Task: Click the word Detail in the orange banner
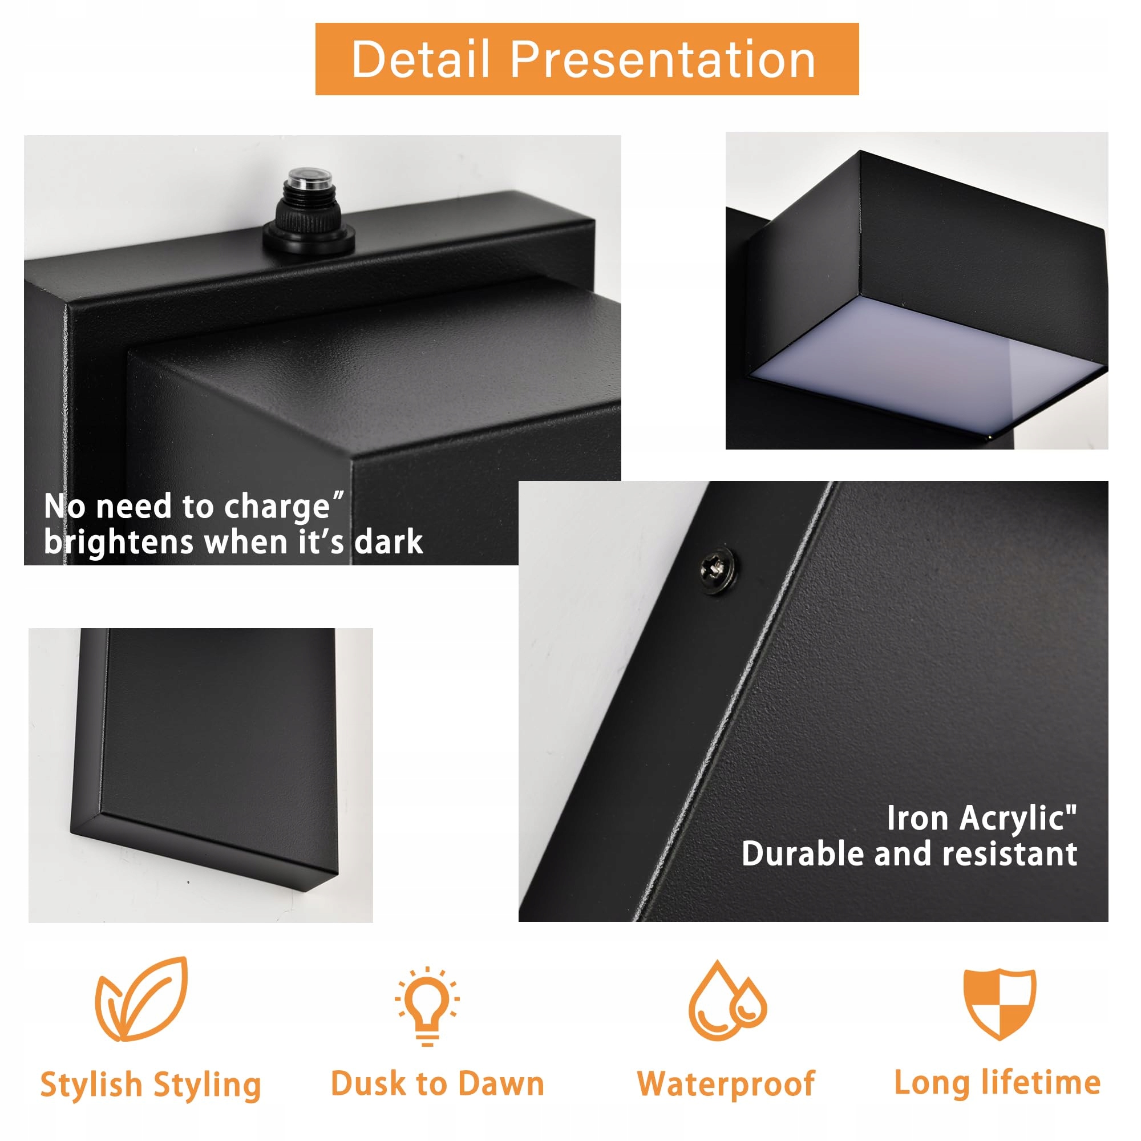[x=421, y=59]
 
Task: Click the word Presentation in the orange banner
[x=662, y=59]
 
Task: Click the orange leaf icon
[x=141, y=999]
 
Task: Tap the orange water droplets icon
[x=727, y=1001]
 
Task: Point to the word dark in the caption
[x=389, y=541]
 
